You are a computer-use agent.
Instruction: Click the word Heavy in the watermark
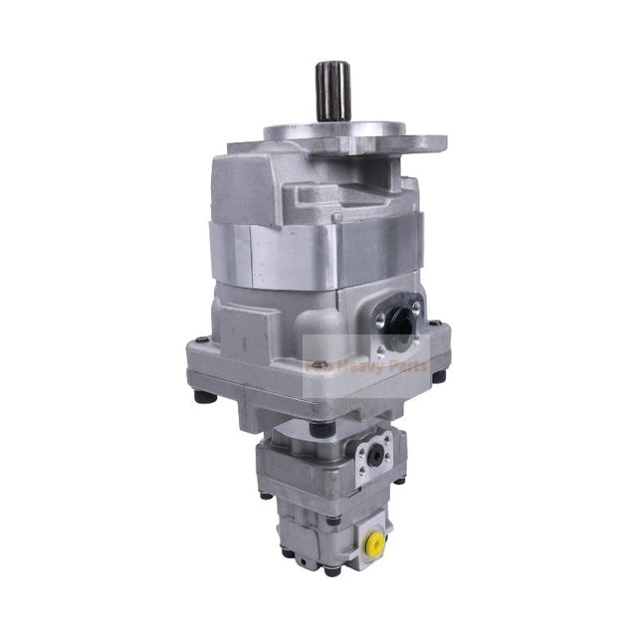point(349,368)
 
